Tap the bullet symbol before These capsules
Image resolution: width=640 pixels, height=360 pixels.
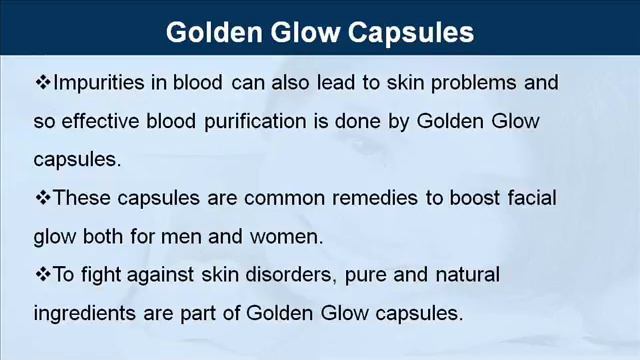tap(43, 198)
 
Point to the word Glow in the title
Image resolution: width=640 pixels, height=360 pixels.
tap(306, 33)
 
